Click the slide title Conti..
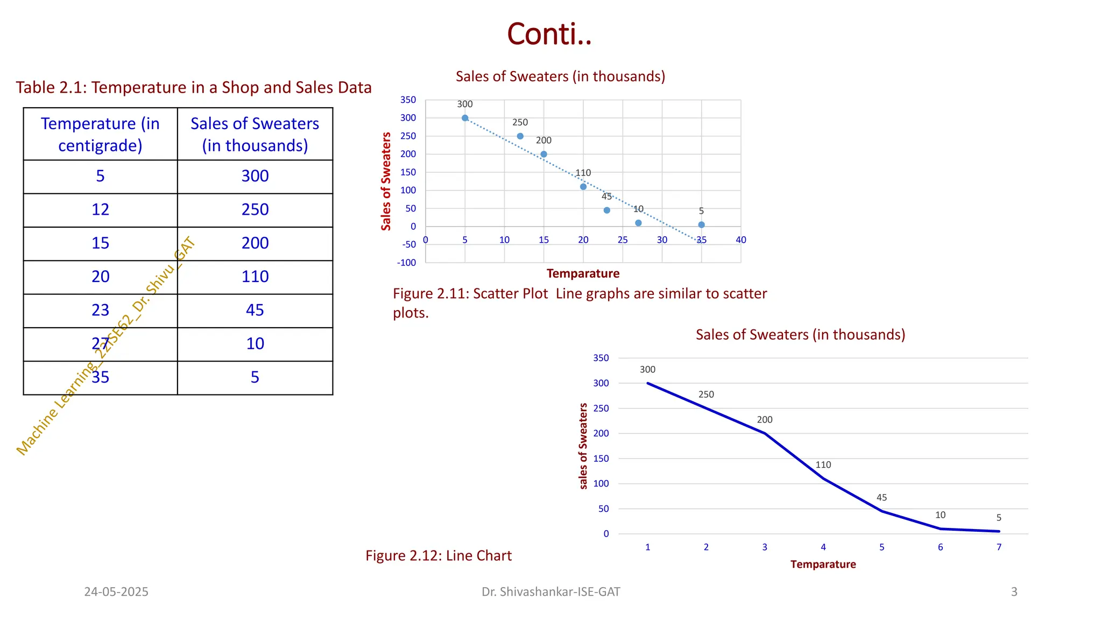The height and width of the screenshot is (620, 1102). point(549,34)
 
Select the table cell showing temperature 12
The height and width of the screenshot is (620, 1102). point(101,210)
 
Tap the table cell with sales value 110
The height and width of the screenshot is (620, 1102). point(255,277)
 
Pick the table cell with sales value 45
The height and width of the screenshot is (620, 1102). point(255,311)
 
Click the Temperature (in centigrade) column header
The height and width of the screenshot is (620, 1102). point(101,135)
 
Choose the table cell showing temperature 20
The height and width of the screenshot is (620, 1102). point(101,277)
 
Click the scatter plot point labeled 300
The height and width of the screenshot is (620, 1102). point(465,118)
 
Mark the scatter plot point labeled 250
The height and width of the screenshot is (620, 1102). point(520,136)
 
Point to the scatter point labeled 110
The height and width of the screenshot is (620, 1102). point(583,187)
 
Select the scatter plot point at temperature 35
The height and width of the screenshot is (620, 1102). point(701,225)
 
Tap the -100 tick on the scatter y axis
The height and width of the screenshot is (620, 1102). point(407,263)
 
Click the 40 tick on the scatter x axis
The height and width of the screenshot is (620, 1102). point(741,240)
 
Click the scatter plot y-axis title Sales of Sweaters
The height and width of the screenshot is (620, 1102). point(386,181)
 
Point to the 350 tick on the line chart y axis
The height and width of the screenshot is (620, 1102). point(601,358)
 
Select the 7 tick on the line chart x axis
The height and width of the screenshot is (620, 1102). point(999,547)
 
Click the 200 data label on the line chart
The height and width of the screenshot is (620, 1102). point(765,420)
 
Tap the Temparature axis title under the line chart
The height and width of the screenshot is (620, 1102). point(823,564)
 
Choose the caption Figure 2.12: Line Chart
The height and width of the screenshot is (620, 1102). point(439,555)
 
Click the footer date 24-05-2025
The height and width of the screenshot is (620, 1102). point(116,592)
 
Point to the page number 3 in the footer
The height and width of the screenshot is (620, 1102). point(1014,592)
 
